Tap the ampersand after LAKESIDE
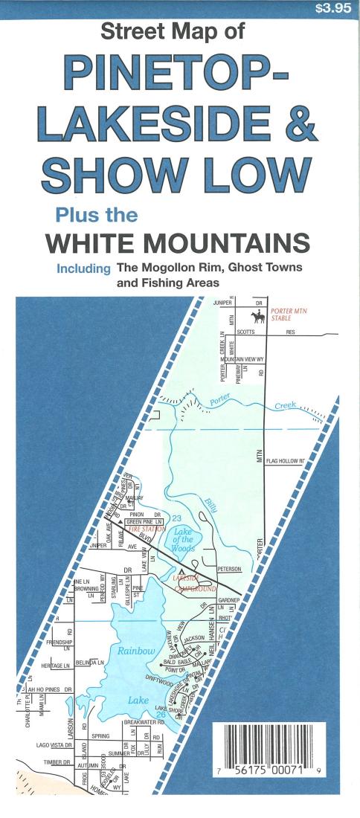click(x=296, y=125)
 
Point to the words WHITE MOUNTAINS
click(x=177, y=243)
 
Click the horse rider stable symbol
click(x=258, y=317)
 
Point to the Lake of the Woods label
click(x=182, y=540)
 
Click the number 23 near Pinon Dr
click(x=176, y=517)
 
